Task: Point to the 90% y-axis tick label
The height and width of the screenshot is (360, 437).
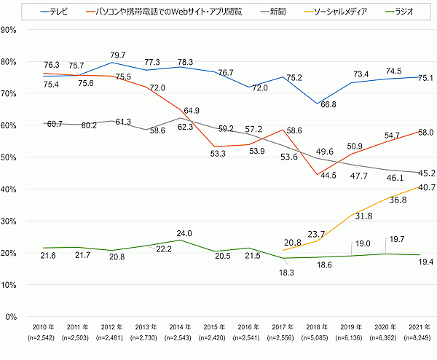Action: tap(9, 30)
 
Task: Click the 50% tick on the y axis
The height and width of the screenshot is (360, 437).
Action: tap(9, 157)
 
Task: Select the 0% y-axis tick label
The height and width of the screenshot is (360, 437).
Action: tap(12, 317)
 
